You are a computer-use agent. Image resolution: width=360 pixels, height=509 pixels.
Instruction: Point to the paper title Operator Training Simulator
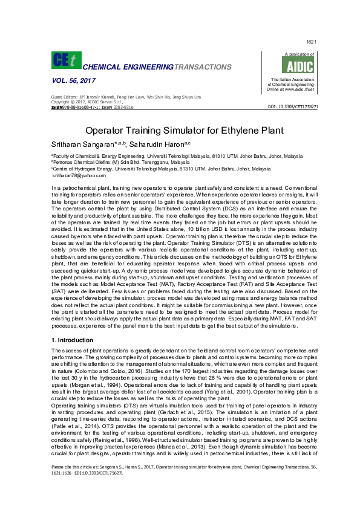pyautogui.click(x=180, y=130)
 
